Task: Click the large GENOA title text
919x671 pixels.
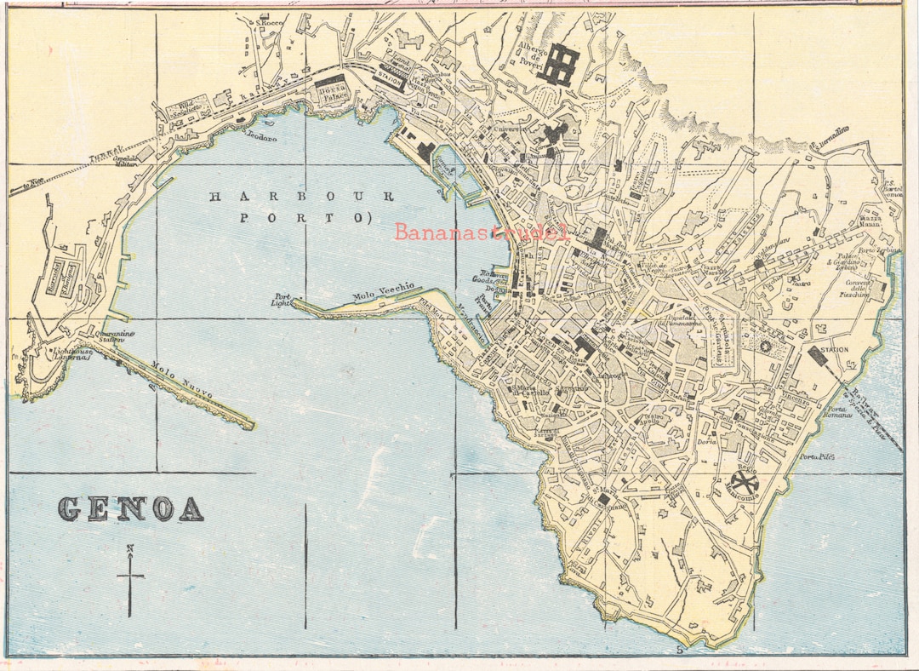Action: pyautogui.click(x=131, y=508)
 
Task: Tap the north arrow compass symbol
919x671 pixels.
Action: pyautogui.click(x=129, y=578)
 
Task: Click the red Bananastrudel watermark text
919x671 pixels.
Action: pyautogui.click(x=482, y=232)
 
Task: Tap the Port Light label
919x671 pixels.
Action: pyautogui.click(x=282, y=300)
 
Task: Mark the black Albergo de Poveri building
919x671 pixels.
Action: pyautogui.click(x=563, y=65)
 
